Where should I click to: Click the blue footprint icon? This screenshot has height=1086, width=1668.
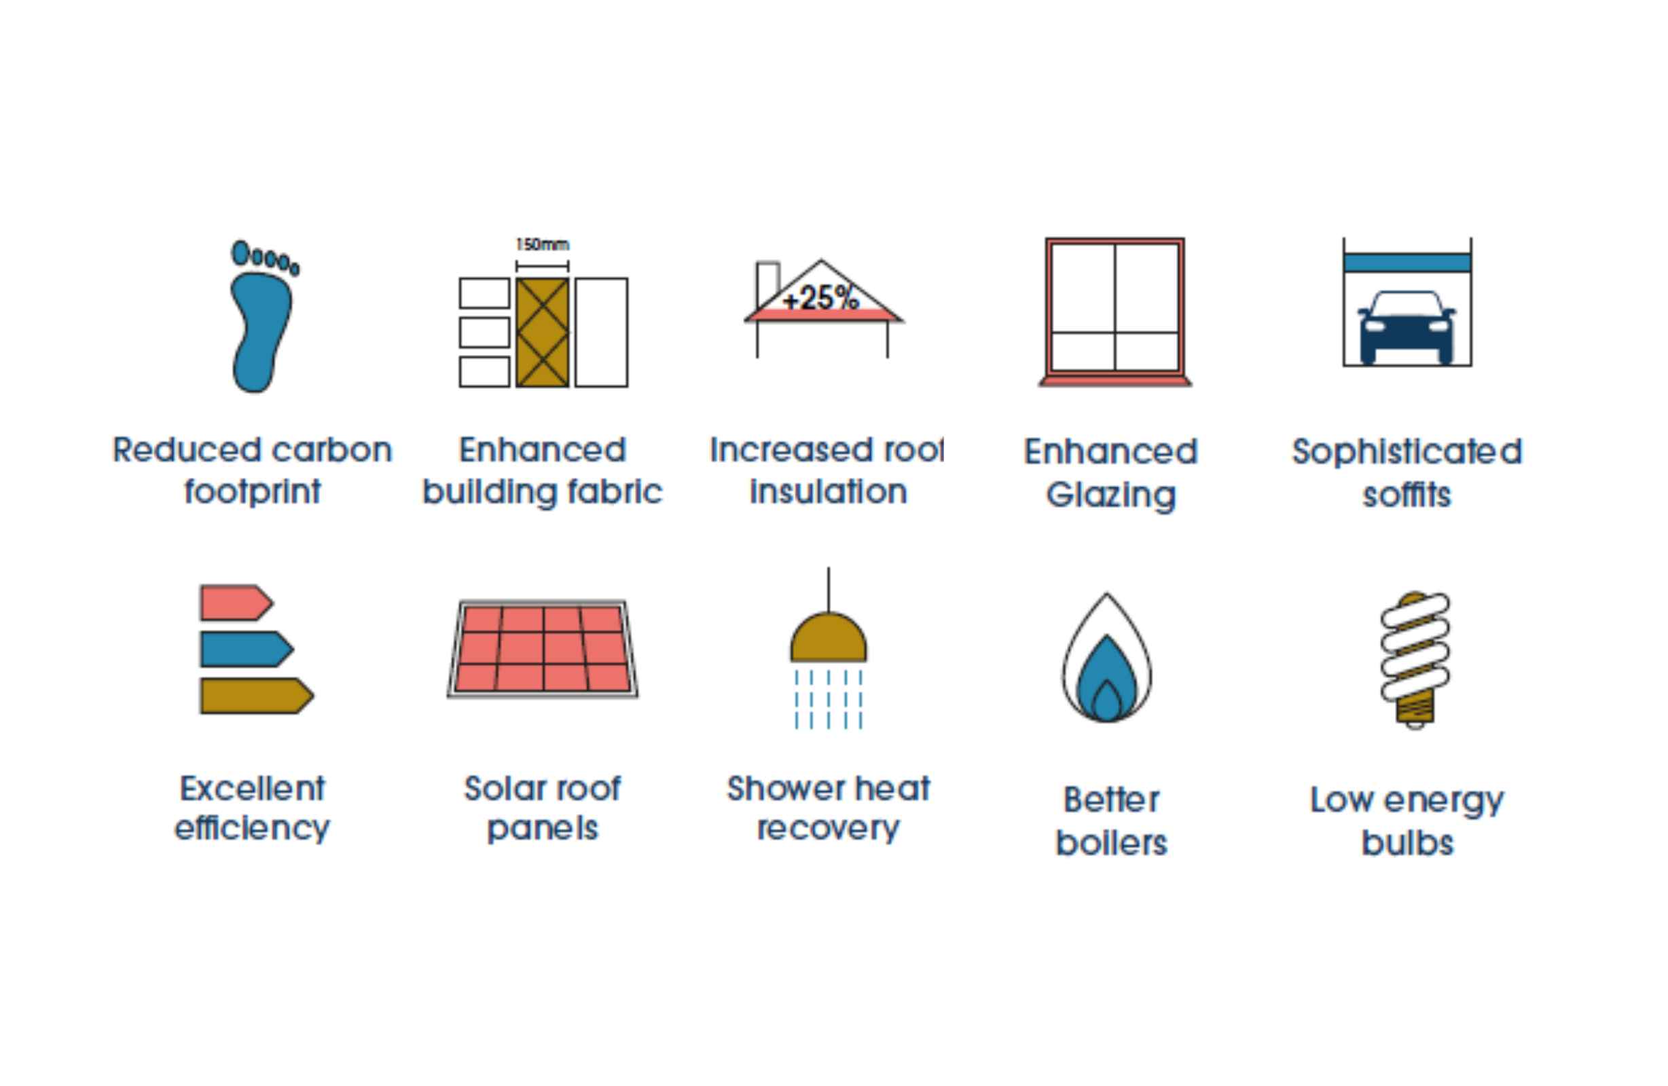coord(261,319)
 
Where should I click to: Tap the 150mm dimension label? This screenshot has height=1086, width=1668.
coord(543,244)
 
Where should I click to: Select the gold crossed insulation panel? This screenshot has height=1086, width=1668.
coord(543,332)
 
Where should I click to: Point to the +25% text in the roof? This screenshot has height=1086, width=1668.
coord(820,299)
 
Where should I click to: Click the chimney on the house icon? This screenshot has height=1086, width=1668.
coord(767,284)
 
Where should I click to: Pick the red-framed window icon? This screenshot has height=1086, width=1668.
coord(1114,312)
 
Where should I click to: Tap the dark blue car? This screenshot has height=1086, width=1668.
coord(1407,328)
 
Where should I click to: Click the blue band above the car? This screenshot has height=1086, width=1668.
coord(1407,263)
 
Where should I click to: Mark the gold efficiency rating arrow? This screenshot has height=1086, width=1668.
coord(257,696)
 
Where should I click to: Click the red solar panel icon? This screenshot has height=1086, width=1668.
coord(543,649)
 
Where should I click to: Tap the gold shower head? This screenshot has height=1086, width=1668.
coord(829,637)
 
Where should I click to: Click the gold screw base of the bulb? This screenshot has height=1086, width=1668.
coord(1415,711)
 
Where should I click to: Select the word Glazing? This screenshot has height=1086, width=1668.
coord(1111,495)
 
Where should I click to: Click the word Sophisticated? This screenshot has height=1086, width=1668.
coord(1407,451)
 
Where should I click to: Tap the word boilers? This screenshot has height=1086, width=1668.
coord(1112,843)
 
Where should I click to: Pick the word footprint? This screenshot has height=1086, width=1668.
coord(252,492)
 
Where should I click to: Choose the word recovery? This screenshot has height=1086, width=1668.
coord(829,829)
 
